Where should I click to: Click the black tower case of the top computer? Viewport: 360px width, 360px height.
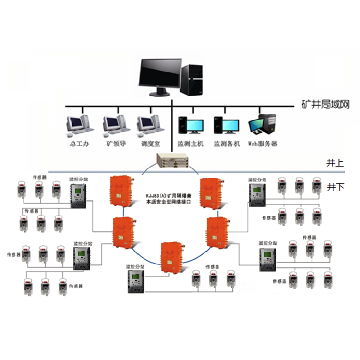pos(193,79)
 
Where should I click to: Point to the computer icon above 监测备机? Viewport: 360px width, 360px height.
pos(226,124)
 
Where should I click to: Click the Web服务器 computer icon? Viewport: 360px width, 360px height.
pos(263,124)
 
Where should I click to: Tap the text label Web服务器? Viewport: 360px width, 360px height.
pos(263,144)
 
